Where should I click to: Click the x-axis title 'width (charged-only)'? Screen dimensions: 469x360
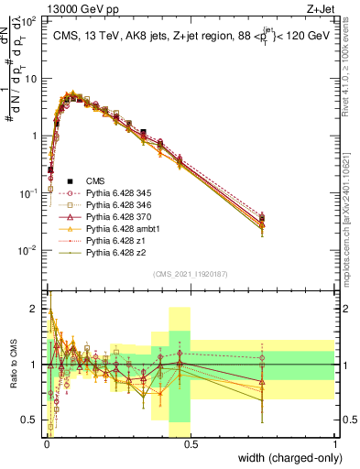coord(289,459)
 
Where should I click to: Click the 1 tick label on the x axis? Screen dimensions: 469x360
coord(334,443)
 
